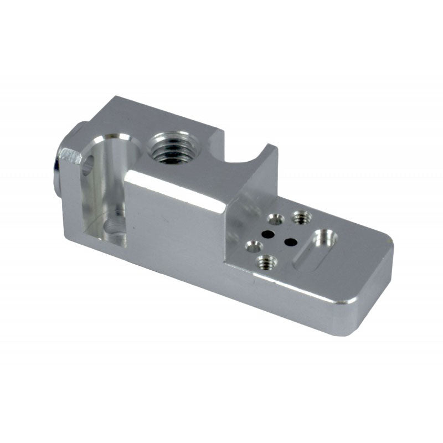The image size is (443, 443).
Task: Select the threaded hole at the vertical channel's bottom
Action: [x=115, y=228]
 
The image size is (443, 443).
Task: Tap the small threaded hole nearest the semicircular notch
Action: [x=301, y=217]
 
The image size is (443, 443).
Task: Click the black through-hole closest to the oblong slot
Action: [x=289, y=241]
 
